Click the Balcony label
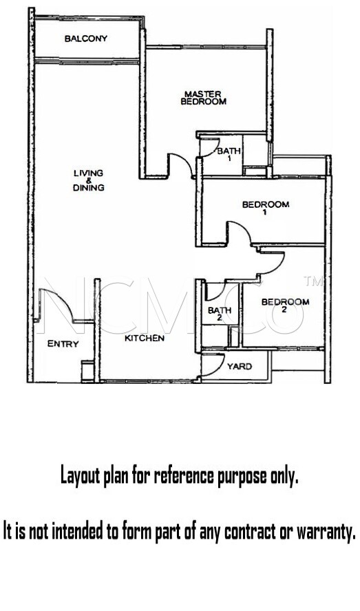(86, 39)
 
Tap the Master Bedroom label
(203, 98)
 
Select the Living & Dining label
(89, 180)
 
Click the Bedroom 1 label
(266, 208)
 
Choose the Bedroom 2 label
(285, 305)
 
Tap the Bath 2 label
(219, 314)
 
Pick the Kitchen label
(145, 339)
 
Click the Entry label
(63, 344)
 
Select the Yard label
(240, 366)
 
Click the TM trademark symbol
(312, 281)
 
